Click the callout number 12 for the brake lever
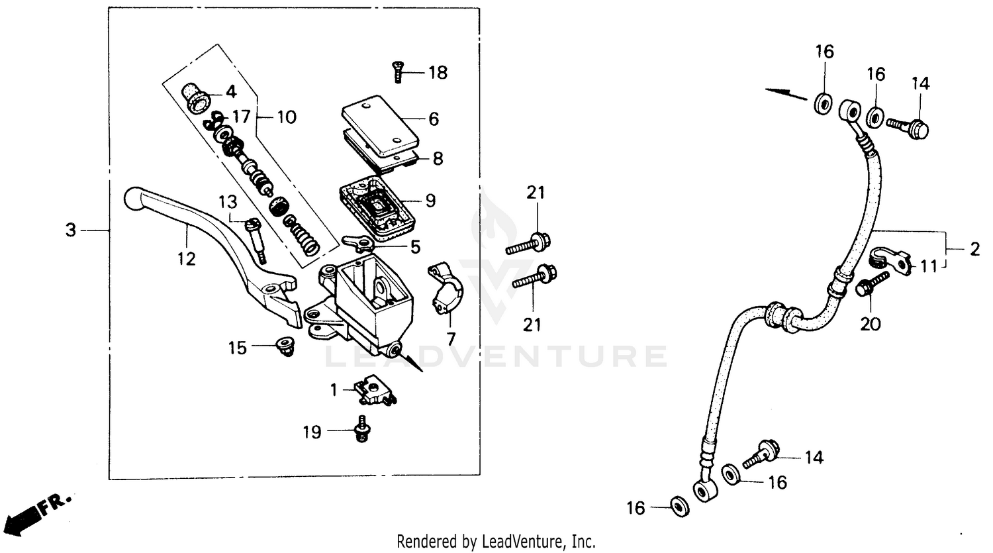tap(187, 259)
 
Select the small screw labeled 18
tap(397, 72)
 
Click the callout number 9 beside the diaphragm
tap(430, 200)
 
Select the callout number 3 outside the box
tap(71, 230)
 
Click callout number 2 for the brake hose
tap(974, 250)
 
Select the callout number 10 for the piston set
tap(286, 117)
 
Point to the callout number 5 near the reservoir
tap(415, 248)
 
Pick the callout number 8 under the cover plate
tap(438, 159)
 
